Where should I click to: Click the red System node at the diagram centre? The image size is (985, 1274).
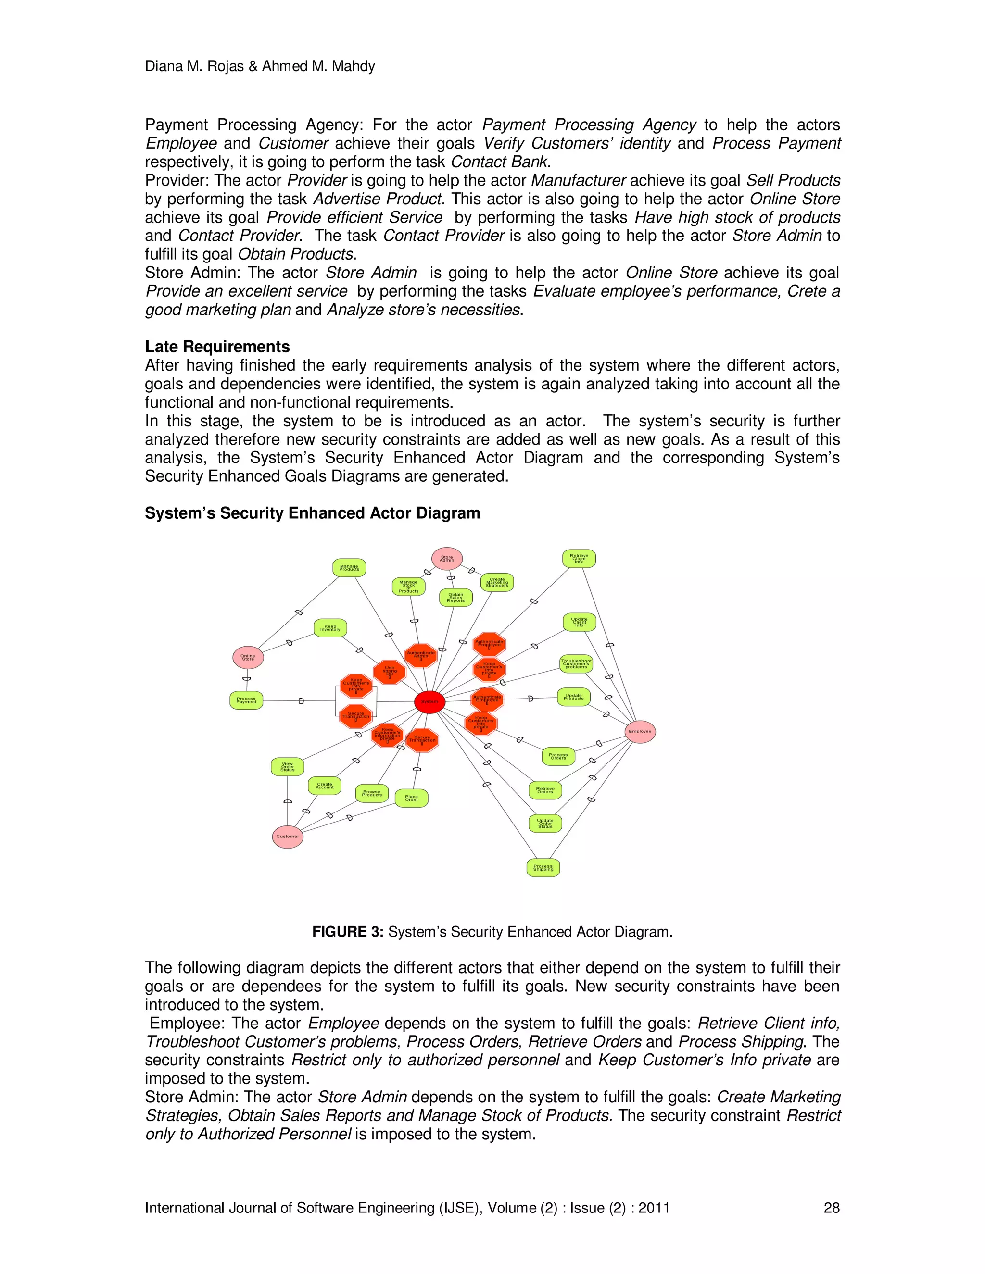429,702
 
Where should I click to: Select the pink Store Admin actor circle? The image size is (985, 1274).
447,558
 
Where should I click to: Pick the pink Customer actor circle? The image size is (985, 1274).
288,836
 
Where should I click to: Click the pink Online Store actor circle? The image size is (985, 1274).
248,657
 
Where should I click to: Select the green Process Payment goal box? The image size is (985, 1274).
246,700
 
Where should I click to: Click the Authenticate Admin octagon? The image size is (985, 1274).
421,655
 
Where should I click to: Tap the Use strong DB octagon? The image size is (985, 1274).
389,672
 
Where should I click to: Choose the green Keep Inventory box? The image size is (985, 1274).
330,628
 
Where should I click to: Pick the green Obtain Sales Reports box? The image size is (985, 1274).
456,597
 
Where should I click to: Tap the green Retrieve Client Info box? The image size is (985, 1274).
579,558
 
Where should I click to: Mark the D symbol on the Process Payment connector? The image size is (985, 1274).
301,700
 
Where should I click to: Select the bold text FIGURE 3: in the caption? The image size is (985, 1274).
347,932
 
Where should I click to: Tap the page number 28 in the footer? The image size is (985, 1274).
831,1208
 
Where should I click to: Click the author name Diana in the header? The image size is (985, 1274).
164,66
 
